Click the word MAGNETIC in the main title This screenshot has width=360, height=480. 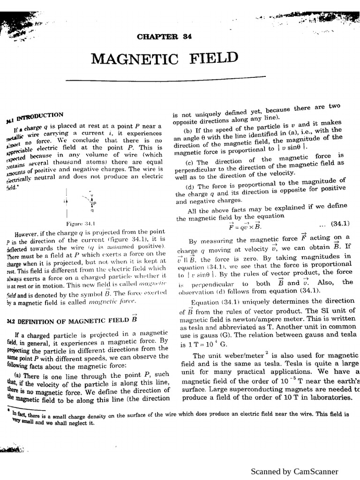(x=135, y=60)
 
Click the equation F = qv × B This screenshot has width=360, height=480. (x=244, y=225)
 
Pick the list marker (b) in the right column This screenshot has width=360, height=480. (x=189, y=131)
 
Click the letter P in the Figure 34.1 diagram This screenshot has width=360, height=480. (x=94, y=203)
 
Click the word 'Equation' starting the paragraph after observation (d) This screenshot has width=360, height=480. (x=205, y=302)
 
